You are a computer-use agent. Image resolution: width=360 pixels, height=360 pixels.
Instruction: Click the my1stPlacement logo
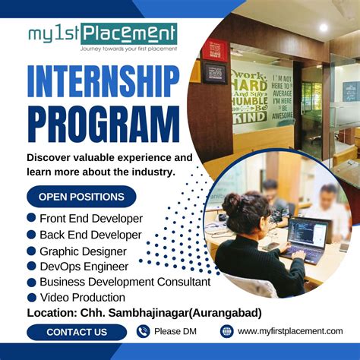point(103,36)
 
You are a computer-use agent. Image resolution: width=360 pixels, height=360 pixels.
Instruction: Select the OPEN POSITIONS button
point(81,197)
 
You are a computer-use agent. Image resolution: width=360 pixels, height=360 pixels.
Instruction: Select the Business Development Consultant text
point(125,282)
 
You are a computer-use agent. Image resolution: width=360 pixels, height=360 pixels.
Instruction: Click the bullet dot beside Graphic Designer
point(31,251)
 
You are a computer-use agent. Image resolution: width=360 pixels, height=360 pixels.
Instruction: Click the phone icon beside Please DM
point(144,331)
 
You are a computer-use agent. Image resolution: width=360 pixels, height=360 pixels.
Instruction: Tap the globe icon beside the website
point(226,331)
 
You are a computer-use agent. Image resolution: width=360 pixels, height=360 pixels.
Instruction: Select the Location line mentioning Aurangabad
point(144,313)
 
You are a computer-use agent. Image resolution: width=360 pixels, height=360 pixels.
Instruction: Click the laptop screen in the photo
point(308,235)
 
